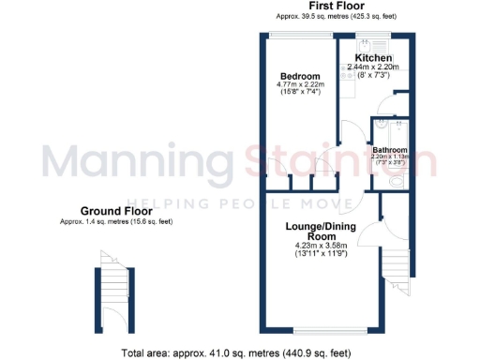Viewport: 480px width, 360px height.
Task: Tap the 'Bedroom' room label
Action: point(300,76)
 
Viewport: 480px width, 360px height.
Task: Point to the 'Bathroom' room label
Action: point(390,150)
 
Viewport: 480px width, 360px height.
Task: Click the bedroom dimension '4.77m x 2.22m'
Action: point(300,84)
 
